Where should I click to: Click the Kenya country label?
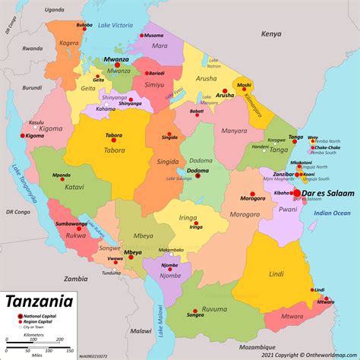[x=271, y=34]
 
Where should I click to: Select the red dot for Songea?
[x=196, y=310]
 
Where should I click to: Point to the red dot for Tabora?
[x=113, y=139]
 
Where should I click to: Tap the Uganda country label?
[x=54, y=11]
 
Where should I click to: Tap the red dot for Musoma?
[x=141, y=35]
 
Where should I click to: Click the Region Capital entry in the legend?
[x=39, y=321]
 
